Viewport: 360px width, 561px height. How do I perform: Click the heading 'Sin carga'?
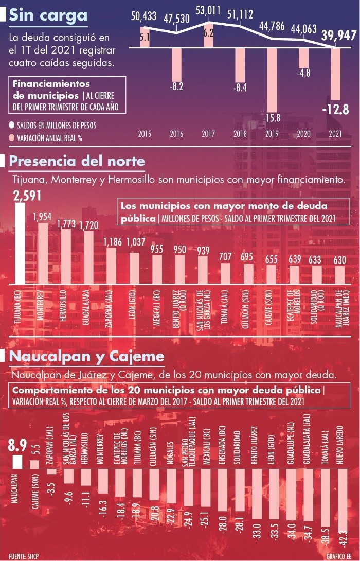click(x=48, y=15)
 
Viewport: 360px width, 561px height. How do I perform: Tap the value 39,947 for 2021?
click(x=339, y=36)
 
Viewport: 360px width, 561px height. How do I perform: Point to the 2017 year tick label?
click(x=208, y=134)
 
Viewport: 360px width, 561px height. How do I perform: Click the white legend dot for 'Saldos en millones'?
click(x=11, y=125)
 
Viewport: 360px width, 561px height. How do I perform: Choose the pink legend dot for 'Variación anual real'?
click(x=11, y=137)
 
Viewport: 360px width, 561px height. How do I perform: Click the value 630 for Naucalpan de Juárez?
click(x=339, y=260)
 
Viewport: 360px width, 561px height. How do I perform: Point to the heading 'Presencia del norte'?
click(x=77, y=162)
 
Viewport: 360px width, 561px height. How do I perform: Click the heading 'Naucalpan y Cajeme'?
click(x=87, y=356)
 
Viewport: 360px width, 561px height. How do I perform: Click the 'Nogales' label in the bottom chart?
click(x=170, y=453)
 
